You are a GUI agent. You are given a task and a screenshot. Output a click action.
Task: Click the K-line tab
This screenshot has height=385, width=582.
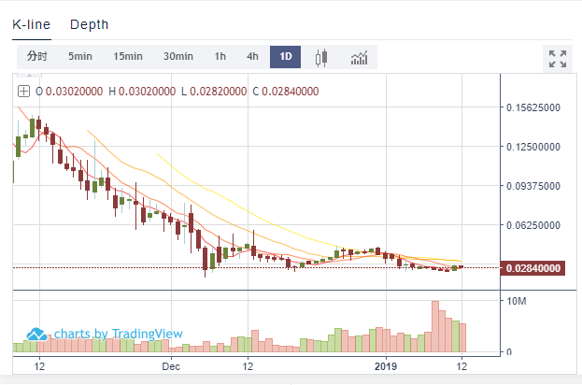(x=32, y=24)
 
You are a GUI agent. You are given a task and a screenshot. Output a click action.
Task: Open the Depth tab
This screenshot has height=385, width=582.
(x=89, y=24)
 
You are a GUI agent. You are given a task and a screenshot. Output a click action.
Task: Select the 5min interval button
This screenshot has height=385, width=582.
(x=80, y=57)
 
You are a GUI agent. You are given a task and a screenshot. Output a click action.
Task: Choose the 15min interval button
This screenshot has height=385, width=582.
(x=128, y=57)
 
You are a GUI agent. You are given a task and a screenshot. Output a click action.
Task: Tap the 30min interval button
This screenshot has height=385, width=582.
(x=177, y=57)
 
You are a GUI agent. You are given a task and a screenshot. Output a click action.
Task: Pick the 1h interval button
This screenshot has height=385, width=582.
(x=220, y=57)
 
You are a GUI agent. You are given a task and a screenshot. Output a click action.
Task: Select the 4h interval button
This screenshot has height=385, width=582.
(x=252, y=57)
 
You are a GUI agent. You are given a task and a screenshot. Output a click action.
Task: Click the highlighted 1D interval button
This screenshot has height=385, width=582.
(x=285, y=57)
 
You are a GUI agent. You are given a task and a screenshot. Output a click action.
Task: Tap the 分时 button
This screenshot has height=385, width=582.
(x=36, y=57)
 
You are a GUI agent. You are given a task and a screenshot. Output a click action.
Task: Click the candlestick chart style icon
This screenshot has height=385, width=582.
(x=322, y=58)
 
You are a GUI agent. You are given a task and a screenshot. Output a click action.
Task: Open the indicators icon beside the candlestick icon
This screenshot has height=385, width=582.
(x=360, y=58)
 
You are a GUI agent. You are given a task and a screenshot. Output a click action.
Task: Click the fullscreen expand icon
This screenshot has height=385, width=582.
(x=558, y=59)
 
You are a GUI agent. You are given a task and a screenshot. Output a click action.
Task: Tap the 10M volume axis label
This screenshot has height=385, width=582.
(x=515, y=301)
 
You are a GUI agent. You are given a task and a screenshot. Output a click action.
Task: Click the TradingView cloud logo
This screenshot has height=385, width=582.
(x=37, y=334)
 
